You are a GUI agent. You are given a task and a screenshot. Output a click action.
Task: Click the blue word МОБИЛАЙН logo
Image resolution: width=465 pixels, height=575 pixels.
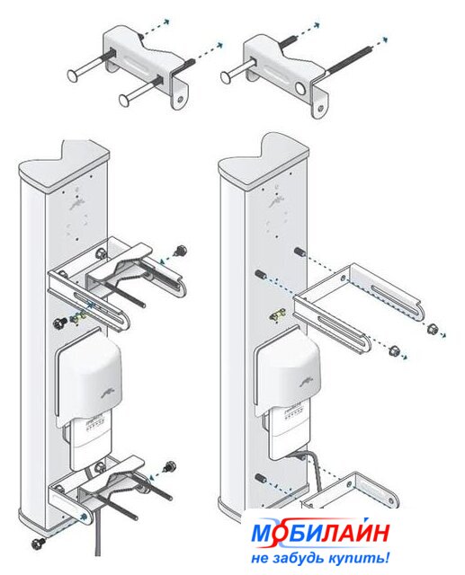(x=319, y=533)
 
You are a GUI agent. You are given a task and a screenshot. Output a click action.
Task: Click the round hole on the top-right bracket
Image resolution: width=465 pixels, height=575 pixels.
(x=300, y=89)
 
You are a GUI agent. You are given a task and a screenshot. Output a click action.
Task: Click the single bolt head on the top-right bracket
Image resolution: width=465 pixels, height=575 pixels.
(x=227, y=76)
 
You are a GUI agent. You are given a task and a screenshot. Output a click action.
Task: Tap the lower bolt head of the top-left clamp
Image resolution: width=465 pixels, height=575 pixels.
(x=125, y=99)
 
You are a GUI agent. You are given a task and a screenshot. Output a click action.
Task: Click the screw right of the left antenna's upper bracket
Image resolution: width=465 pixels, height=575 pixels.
(x=182, y=251)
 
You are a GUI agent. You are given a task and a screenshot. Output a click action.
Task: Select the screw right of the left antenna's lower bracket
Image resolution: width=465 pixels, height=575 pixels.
(x=170, y=467)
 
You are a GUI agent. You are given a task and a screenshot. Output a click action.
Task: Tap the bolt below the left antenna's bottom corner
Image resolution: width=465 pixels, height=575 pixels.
(x=38, y=542)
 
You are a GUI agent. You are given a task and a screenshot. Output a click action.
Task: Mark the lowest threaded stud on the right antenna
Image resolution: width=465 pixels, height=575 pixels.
(x=260, y=478)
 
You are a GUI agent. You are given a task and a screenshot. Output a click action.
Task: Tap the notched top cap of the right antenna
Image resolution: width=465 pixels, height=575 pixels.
(x=264, y=154)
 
